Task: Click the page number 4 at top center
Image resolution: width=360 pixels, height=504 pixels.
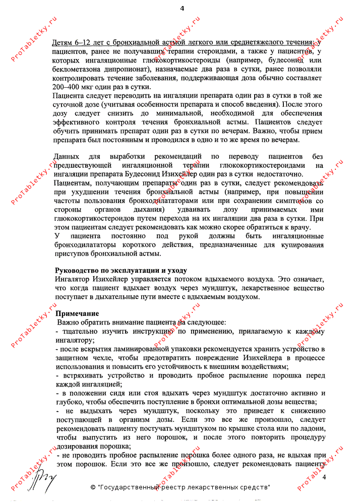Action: pos(182,8)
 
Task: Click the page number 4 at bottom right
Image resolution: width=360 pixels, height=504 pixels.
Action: pos(325,477)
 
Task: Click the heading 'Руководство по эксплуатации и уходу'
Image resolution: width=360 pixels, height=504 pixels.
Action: pos(121,270)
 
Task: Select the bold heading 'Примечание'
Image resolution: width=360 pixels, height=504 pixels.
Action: pos(77,313)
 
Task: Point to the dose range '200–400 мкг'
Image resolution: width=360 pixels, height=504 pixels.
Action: pos(76,87)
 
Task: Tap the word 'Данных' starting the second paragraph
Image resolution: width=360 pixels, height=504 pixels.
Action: pos(67,156)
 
